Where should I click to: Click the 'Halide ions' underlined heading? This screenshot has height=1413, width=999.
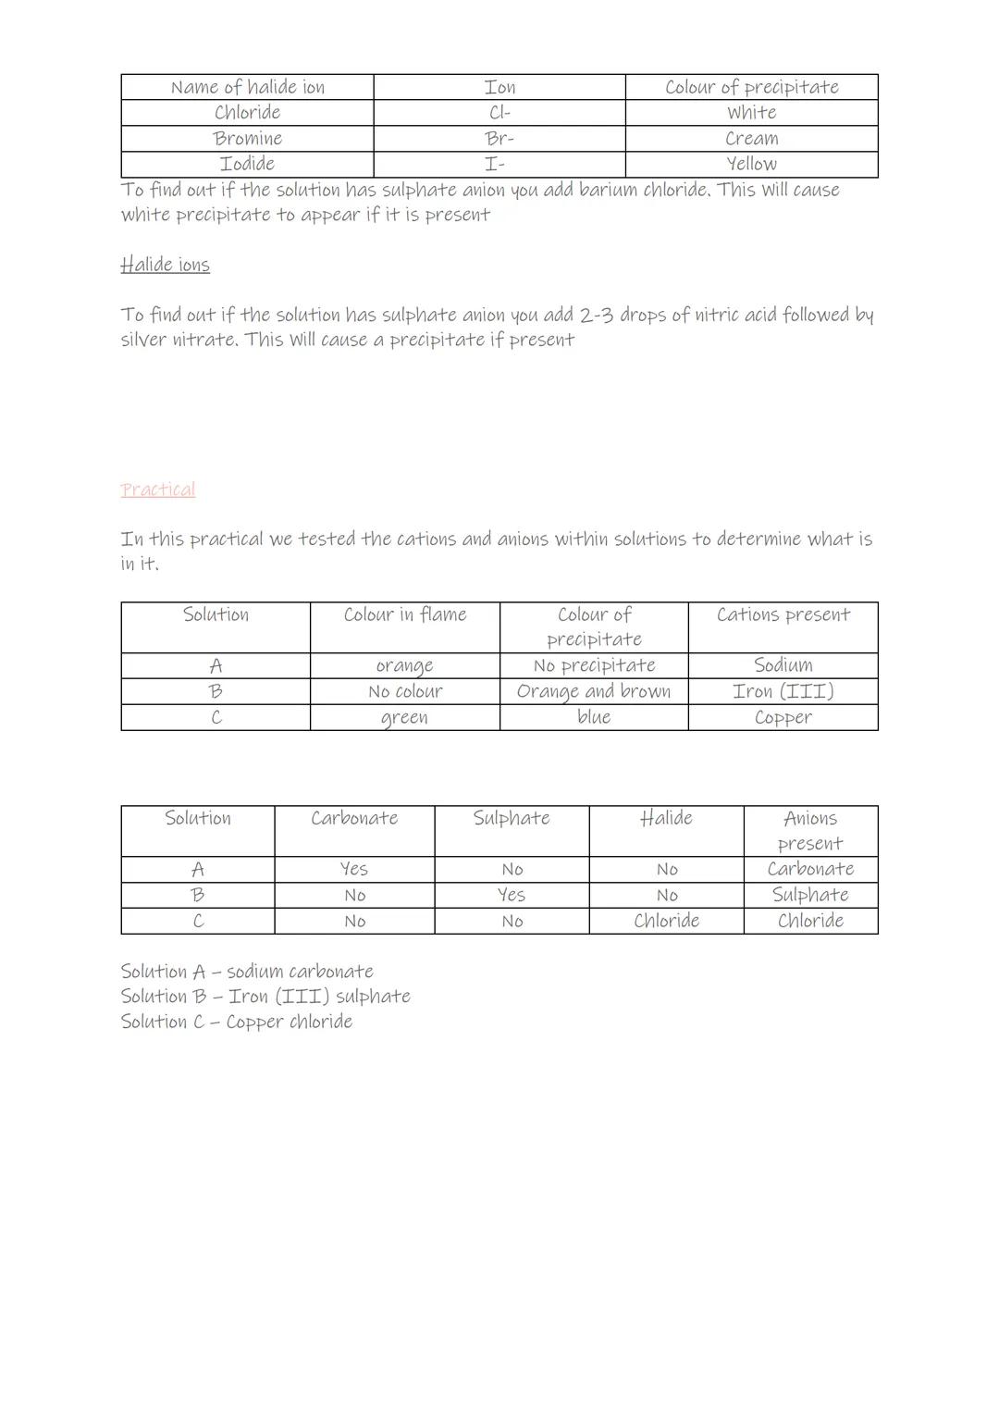[x=165, y=265]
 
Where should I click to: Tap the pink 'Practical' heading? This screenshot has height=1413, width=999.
[x=157, y=490]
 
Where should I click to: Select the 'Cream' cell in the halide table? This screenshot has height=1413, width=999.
[x=751, y=139]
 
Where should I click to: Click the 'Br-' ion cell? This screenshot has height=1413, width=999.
[x=499, y=139]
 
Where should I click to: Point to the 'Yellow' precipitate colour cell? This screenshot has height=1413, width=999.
[x=751, y=164]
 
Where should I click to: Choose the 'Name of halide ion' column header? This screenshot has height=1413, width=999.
[x=247, y=87]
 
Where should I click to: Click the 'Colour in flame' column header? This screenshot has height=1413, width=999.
[x=404, y=614]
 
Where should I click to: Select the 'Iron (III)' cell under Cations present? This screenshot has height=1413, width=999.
[x=783, y=691]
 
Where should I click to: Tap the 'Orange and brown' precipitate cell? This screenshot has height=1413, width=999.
[x=594, y=691]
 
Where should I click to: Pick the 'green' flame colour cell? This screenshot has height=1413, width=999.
[x=404, y=717]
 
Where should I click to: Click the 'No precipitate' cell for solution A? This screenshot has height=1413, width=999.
[x=594, y=665]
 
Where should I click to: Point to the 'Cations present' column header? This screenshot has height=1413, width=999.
[x=783, y=614]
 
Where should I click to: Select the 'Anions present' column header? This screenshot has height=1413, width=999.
[x=810, y=830]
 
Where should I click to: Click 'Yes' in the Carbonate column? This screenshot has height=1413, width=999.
[x=354, y=869]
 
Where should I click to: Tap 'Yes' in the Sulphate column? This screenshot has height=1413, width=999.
[x=512, y=895]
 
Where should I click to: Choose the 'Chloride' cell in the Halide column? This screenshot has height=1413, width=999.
[x=666, y=921]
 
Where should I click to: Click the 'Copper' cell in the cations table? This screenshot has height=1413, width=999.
[x=783, y=717]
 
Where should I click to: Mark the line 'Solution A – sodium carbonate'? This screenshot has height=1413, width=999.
[x=247, y=972]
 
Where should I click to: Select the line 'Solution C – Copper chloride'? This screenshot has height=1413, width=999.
[x=236, y=1022]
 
